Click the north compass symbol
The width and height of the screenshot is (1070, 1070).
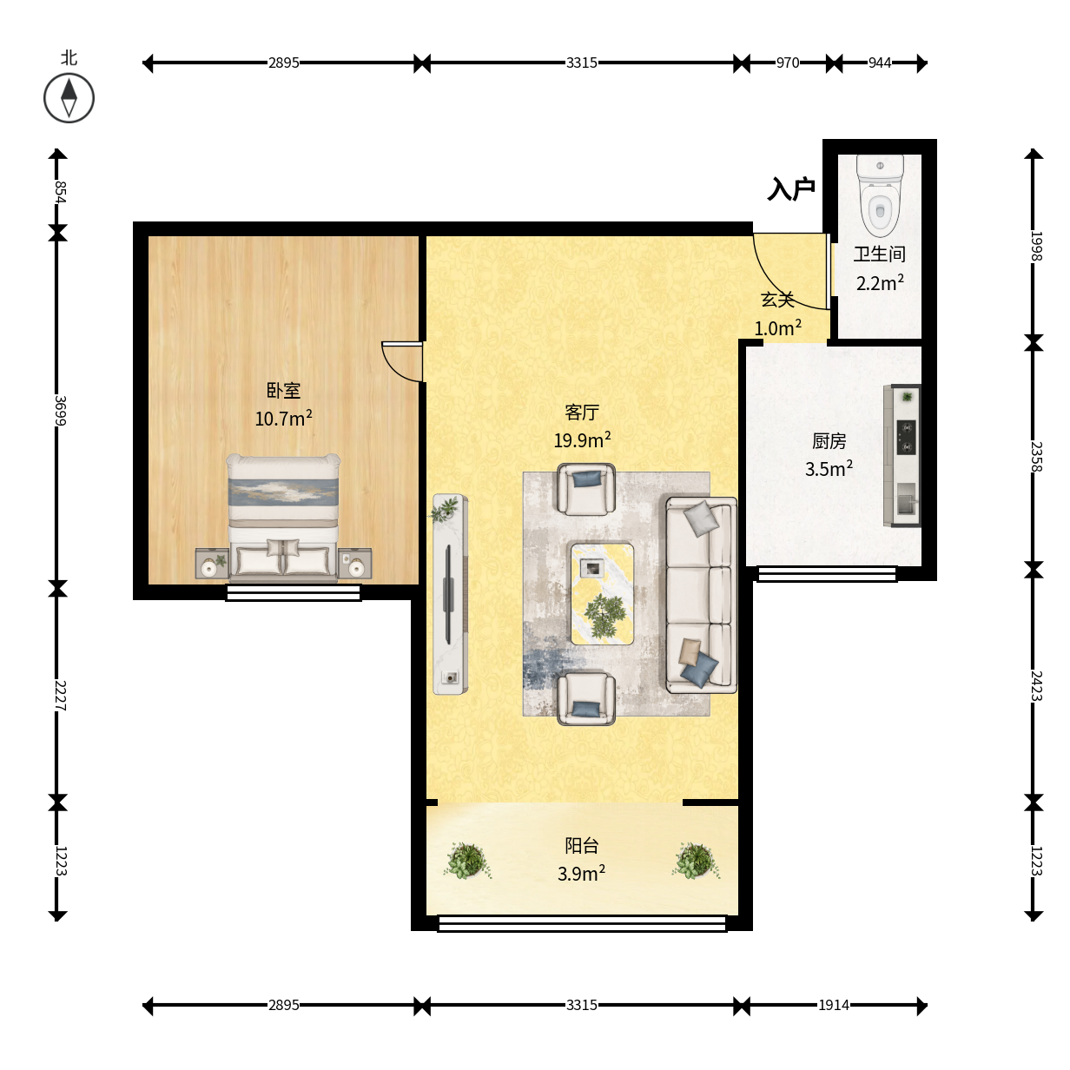click(x=69, y=98)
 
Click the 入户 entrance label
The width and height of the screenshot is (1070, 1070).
click(x=791, y=188)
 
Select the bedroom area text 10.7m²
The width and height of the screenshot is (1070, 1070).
click(x=283, y=418)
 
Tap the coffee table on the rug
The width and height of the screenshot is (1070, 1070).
click(x=603, y=593)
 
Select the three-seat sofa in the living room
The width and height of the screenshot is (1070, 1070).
click(x=701, y=595)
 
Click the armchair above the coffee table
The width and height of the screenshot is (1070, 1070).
click(x=585, y=489)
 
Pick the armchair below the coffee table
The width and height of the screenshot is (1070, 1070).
click(x=585, y=698)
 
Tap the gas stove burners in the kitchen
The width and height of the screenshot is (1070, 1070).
click(x=906, y=438)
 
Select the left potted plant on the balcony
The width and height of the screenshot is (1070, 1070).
click(x=467, y=861)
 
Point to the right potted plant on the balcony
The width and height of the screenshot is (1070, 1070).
click(x=696, y=861)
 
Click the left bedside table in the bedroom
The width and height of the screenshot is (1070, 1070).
click(x=212, y=564)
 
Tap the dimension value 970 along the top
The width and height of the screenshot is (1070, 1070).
click(x=788, y=63)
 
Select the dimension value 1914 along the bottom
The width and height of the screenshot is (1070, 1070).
click(x=834, y=1005)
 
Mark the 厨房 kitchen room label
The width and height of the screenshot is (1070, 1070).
click(x=829, y=441)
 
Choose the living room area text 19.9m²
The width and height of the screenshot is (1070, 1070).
click(x=582, y=439)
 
